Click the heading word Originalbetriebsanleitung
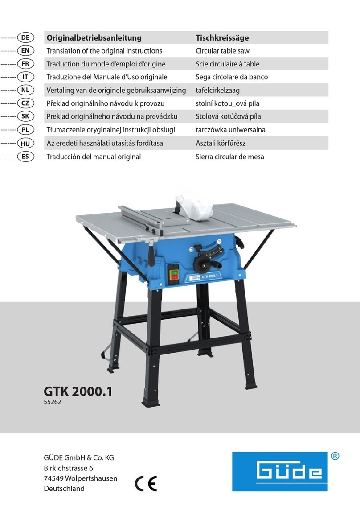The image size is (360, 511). (x=94, y=38)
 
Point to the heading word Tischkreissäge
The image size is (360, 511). (x=222, y=38)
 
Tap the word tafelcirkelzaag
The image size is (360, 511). (x=218, y=91)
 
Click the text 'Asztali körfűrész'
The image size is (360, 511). (x=221, y=144)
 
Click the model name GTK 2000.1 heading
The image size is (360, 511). (x=78, y=391)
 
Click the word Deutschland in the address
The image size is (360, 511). (x=64, y=488)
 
